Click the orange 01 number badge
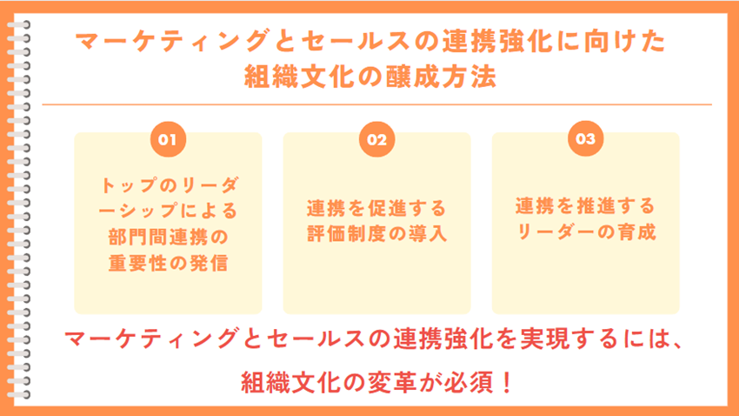[168, 139]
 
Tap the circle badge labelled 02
[376, 139]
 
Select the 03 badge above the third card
[585, 139]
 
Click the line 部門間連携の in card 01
[168, 236]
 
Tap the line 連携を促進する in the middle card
[376, 209]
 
